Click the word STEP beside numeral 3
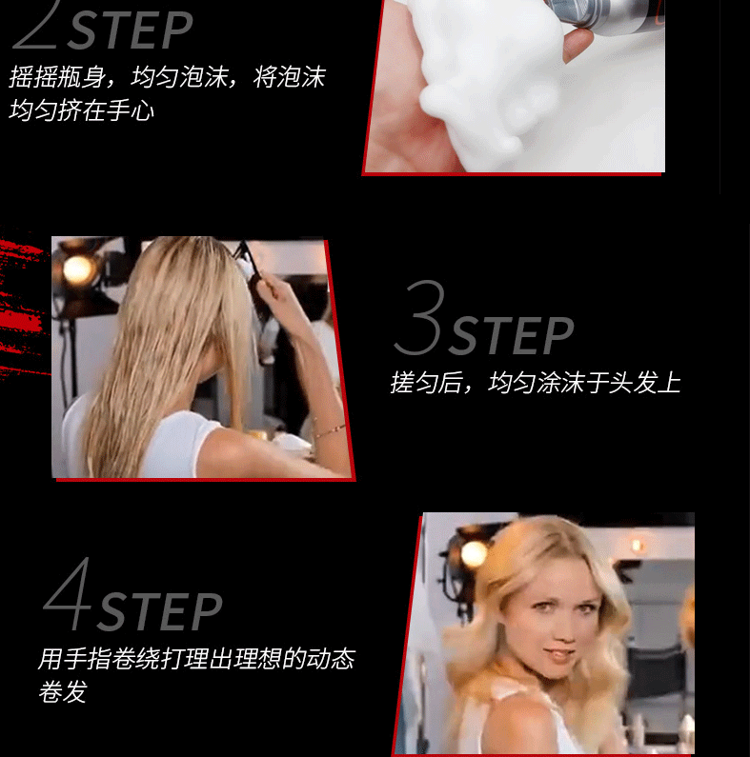512,336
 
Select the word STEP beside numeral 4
159,611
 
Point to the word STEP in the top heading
130,30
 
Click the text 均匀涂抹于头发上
584,383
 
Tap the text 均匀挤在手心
81,110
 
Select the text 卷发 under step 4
62,691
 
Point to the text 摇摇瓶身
57,77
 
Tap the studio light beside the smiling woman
473,553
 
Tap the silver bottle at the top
604,13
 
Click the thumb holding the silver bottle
577,45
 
